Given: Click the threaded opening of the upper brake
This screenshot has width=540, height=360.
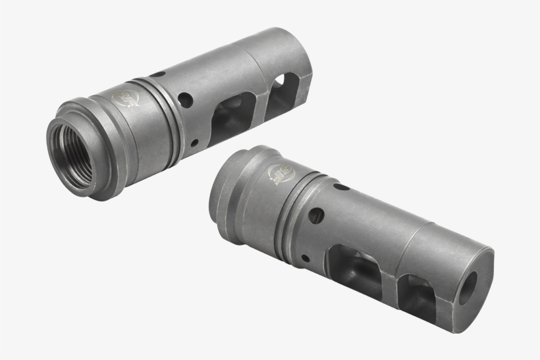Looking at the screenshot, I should tap(72, 150).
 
